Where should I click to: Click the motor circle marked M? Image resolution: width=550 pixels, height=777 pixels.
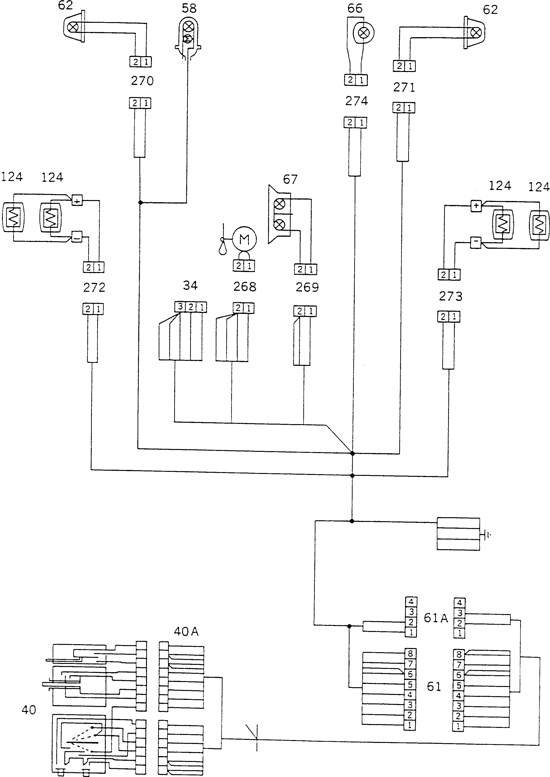point(244,239)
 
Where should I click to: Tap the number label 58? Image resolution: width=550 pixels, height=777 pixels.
point(189,8)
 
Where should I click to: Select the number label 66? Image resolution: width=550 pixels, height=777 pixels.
point(355,8)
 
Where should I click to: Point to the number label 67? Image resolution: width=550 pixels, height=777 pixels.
point(290,179)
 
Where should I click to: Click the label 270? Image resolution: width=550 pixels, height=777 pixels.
point(142,81)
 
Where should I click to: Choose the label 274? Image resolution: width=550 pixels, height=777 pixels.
point(357,101)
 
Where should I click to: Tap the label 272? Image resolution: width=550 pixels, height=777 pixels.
point(94,288)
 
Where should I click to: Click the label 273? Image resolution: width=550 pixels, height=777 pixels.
point(450,296)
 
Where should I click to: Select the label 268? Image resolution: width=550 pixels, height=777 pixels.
point(245,287)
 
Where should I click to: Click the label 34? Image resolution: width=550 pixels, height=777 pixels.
point(190,286)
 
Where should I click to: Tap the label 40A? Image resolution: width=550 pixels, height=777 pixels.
point(186,631)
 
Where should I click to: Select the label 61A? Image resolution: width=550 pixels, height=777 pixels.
point(436,618)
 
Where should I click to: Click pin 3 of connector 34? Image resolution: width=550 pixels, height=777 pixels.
point(180,307)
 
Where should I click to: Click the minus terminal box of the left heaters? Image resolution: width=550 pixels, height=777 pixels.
point(77,238)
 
